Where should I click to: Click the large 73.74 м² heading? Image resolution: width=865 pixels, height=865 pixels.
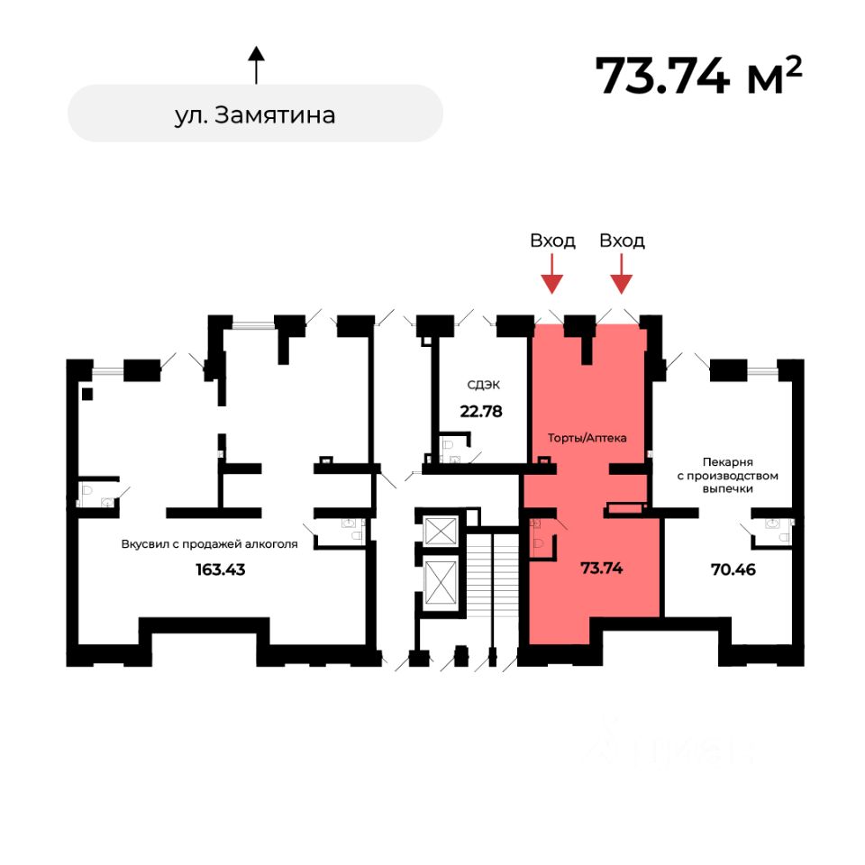[698, 76]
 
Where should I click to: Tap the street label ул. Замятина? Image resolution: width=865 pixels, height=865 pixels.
[255, 114]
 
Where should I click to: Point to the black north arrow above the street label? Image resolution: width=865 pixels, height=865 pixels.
[256, 65]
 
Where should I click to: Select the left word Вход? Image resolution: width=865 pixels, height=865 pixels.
[552, 241]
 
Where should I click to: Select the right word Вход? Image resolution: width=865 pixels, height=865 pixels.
[622, 241]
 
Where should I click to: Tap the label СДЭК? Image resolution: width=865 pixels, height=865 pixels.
[483, 385]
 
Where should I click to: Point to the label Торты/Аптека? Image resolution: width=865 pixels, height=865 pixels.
[587, 438]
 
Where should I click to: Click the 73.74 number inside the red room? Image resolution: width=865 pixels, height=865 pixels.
[603, 569]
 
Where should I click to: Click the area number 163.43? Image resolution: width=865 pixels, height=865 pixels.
[220, 569]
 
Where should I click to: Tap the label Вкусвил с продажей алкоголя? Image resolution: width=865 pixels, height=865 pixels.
[209, 543]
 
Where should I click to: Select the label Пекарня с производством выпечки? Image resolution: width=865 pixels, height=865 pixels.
[729, 475]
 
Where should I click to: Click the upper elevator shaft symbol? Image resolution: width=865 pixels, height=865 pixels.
[442, 531]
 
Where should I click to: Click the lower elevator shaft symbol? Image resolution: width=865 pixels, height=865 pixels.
[442, 584]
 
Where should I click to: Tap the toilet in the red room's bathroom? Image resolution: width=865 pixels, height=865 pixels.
[538, 542]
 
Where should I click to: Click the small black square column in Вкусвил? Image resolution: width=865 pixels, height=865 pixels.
[86, 393]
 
